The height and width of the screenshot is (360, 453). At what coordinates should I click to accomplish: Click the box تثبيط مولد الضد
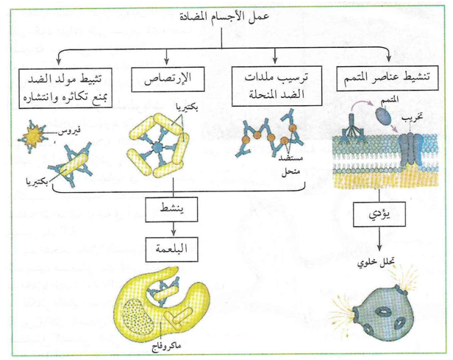click(61, 85)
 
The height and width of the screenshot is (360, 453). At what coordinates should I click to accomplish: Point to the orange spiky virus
click(34, 137)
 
